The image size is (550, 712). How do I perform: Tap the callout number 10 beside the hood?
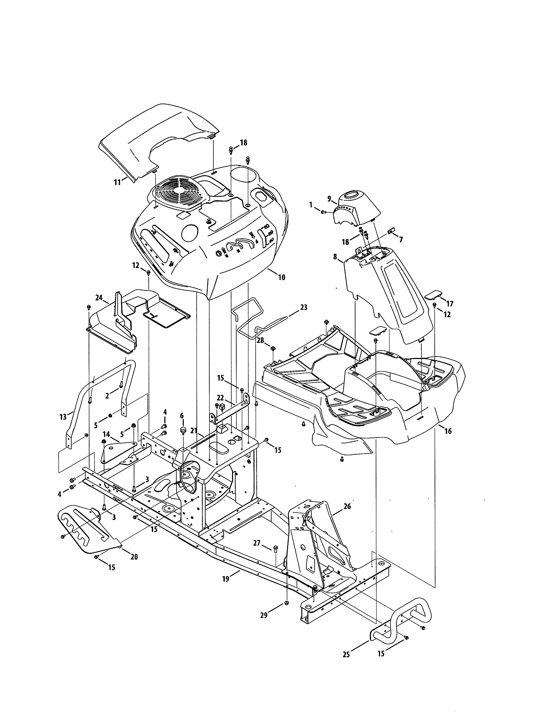pos(281,277)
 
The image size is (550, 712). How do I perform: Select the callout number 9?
pos(329,198)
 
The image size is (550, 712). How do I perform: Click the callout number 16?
pos(448,431)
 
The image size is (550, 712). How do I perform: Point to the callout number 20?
pos(134,557)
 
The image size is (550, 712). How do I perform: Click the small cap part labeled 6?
pos(182,430)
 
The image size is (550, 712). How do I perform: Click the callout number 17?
pos(450,304)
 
